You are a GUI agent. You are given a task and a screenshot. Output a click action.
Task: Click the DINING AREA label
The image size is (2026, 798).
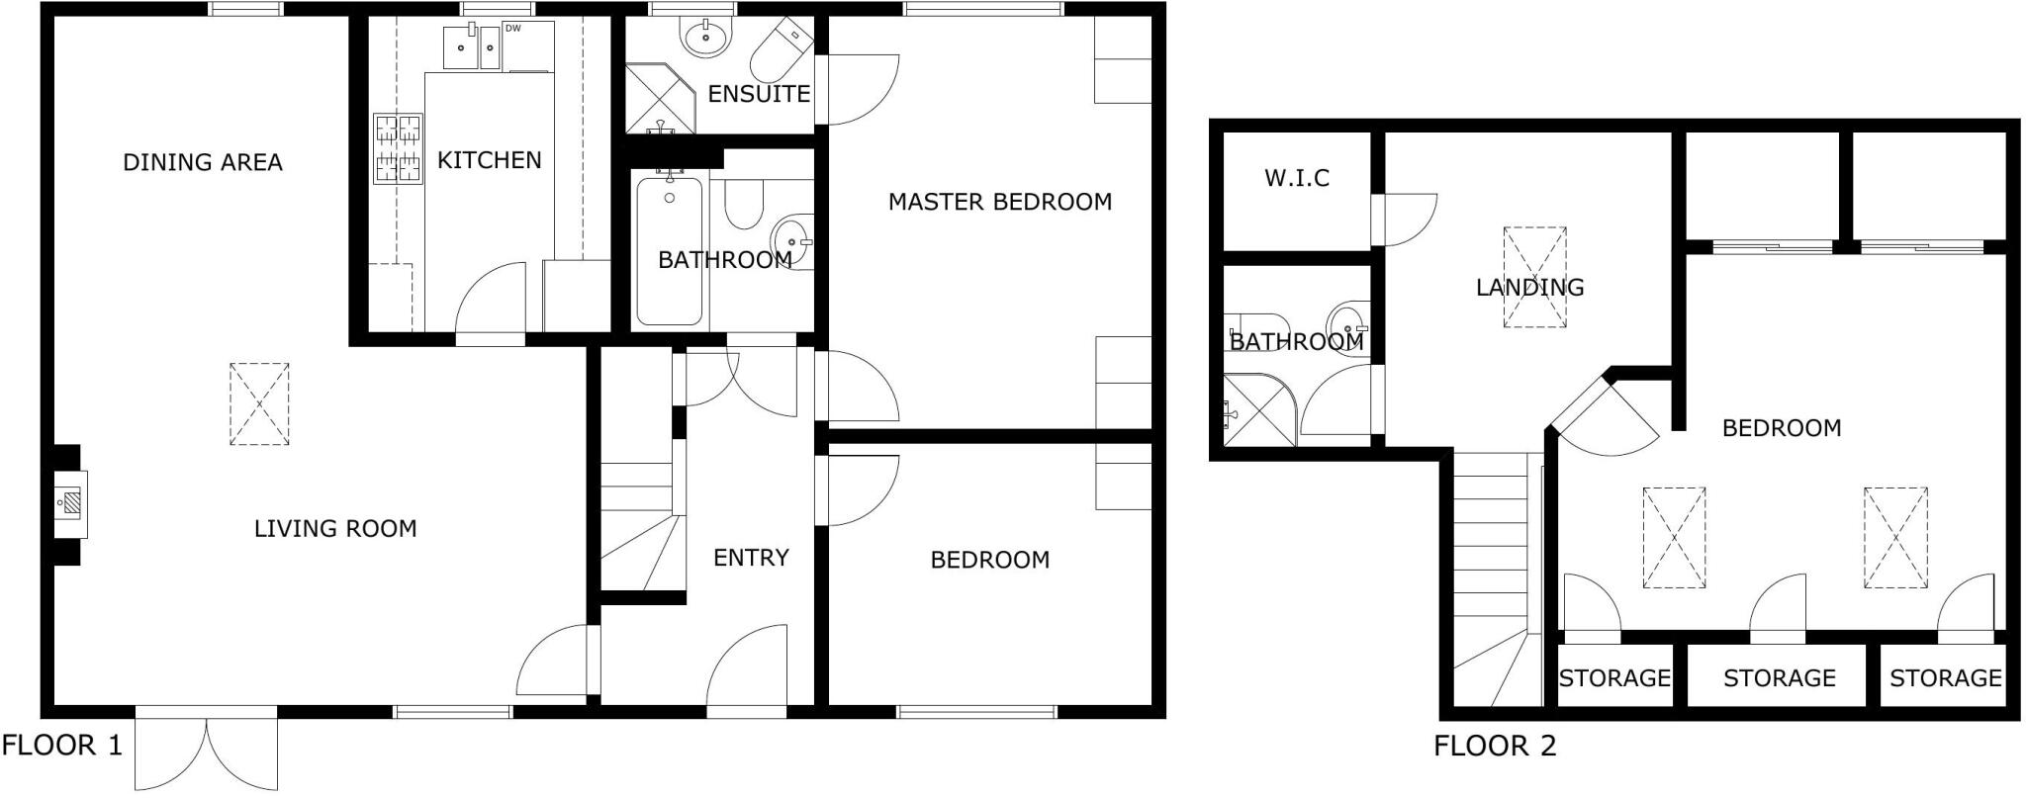click(x=203, y=162)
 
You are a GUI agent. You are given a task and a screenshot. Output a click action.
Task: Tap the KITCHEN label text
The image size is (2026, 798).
click(x=489, y=160)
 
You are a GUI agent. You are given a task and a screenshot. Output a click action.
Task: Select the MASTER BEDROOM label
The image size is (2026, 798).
click(x=999, y=202)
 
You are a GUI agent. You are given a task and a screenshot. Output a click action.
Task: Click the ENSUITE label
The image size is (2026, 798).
click(x=759, y=94)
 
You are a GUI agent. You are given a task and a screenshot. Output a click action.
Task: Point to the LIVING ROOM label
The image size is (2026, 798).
click(x=335, y=529)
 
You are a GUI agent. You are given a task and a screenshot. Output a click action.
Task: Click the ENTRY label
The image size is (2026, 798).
click(x=751, y=558)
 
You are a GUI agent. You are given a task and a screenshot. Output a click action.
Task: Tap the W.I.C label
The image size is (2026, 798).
click(x=1296, y=179)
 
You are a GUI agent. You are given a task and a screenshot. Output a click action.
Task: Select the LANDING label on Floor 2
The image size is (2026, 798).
click(x=1529, y=288)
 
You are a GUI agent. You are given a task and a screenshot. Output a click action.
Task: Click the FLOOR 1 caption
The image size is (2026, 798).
click(x=63, y=746)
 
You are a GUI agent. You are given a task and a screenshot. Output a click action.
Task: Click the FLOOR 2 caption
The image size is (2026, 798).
click(x=1495, y=746)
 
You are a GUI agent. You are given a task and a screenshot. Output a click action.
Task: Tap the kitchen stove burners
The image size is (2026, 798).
click(x=398, y=148)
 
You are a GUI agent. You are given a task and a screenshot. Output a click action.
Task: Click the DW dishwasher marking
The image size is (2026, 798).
click(x=512, y=29)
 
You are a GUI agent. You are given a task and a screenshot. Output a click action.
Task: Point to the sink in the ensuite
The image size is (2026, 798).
click(x=704, y=39)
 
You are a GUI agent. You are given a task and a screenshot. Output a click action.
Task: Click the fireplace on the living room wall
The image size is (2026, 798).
click(x=69, y=503)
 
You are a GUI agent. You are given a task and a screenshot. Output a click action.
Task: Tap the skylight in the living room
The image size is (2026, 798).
click(x=259, y=403)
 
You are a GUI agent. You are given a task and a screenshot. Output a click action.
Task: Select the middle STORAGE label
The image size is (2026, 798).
click(x=1779, y=678)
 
